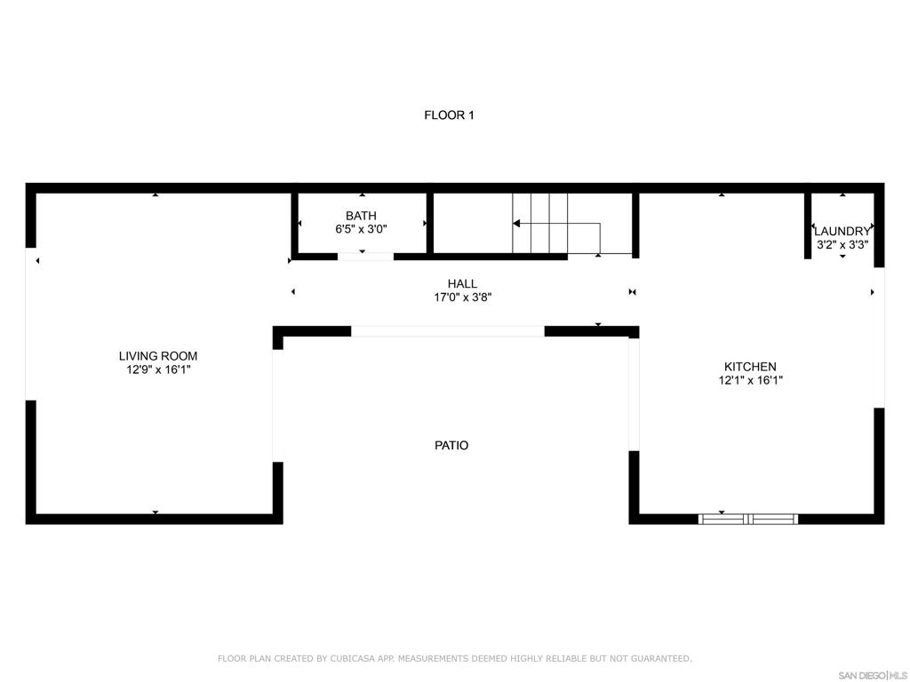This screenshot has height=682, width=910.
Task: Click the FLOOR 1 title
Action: pyautogui.click(x=449, y=115)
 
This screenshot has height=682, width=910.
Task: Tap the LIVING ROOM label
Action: pyautogui.click(x=158, y=356)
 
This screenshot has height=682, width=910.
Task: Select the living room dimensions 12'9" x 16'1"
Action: pyautogui.click(x=158, y=369)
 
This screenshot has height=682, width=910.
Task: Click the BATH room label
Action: pyautogui.click(x=361, y=215)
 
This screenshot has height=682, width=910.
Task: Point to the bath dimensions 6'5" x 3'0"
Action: pyautogui.click(x=361, y=228)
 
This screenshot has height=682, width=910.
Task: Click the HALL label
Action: pyautogui.click(x=462, y=284)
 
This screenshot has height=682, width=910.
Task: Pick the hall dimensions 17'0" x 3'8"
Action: pyautogui.click(x=462, y=297)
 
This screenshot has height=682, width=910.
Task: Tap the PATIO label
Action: pyautogui.click(x=451, y=445)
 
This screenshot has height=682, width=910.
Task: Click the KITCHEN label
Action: pyautogui.click(x=750, y=366)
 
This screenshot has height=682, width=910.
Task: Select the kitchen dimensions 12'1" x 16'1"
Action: pyautogui.click(x=750, y=380)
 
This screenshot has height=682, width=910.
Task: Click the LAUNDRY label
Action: pyautogui.click(x=842, y=231)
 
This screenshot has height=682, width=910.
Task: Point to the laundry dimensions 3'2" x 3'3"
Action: pyautogui.click(x=842, y=244)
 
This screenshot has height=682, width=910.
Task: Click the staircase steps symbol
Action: pyautogui.click(x=540, y=222)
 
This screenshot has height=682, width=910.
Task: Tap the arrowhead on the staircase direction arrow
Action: pyautogui.click(x=516, y=224)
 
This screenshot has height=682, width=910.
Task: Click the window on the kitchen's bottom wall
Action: pyautogui.click(x=748, y=519)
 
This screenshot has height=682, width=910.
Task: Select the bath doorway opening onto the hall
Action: pyautogui.click(x=365, y=257)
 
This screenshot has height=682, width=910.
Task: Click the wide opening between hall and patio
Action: pyautogui.click(x=448, y=331)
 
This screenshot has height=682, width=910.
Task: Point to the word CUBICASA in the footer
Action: pyautogui.click(x=348, y=658)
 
